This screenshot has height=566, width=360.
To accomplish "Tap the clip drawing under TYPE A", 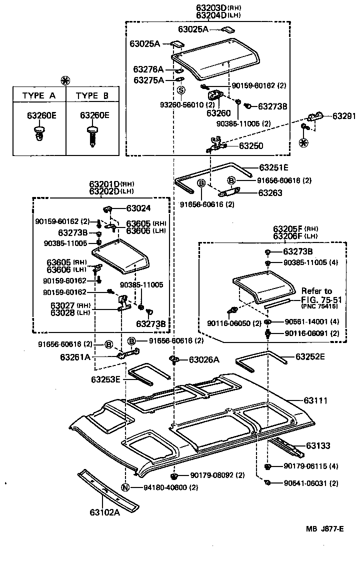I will tap(38, 133).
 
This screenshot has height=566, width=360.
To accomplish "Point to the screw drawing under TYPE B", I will tap(92, 135).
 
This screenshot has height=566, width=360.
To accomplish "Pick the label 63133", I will tap(318, 445).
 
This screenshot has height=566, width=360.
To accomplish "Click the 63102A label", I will tap(105, 511).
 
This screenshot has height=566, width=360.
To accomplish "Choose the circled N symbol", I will tap(126, 487).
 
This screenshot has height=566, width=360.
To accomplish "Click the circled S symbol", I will tap(181, 90).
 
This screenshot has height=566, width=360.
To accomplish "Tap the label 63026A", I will tap(204, 359).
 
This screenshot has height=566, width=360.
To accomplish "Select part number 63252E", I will tap(310, 356).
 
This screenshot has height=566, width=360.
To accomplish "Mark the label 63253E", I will tap(106, 379).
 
